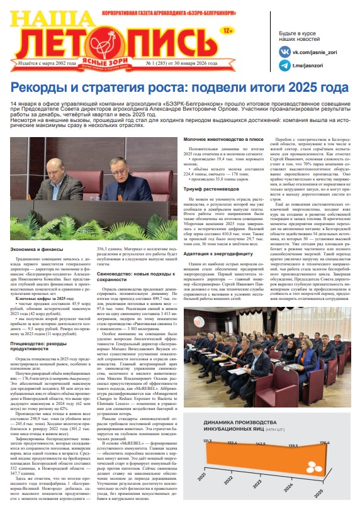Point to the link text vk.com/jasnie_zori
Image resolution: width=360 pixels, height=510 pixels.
[x=317, y=53]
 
